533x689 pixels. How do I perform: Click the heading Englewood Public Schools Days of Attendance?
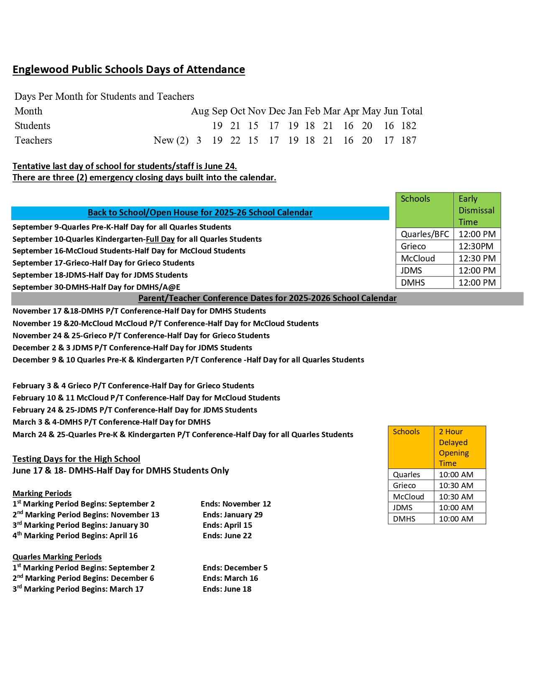[x=129, y=69]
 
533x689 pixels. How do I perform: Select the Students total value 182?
[x=408, y=126]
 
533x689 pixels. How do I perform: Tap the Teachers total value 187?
[x=408, y=140]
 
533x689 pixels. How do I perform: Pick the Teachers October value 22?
[x=235, y=140]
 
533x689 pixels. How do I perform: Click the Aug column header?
[x=200, y=111]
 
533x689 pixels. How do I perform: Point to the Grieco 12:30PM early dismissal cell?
[x=476, y=246]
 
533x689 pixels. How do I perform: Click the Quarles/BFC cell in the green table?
[x=425, y=234]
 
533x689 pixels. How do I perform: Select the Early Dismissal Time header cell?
[x=477, y=210]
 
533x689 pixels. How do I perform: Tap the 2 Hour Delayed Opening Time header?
[x=454, y=447]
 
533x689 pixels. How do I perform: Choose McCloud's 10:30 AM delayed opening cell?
[x=456, y=496]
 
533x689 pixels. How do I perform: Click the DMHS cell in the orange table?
[x=404, y=519]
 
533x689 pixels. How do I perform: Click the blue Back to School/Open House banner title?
[x=200, y=213]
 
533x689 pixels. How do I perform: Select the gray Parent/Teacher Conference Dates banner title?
[x=267, y=298]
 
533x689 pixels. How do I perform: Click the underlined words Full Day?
[x=160, y=239]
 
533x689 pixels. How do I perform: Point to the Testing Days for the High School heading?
[x=76, y=459]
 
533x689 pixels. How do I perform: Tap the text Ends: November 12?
[x=236, y=504]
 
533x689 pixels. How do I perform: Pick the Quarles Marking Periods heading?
[x=57, y=557]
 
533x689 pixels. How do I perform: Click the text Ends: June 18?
[x=227, y=589]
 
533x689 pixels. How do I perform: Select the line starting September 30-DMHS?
[x=96, y=287]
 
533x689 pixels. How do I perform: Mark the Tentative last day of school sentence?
[x=125, y=166]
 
